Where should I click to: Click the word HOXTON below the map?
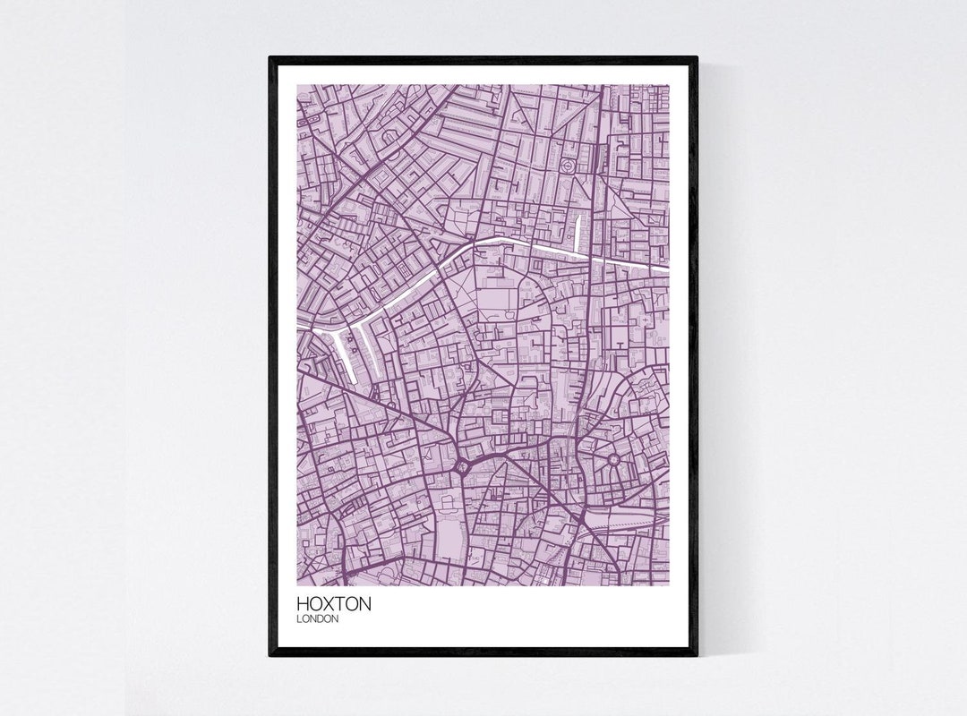click(x=333, y=605)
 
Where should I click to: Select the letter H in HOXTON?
click(x=303, y=605)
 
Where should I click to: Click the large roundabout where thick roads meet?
click(x=461, y=465)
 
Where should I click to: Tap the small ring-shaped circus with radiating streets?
click(x=614, y=462)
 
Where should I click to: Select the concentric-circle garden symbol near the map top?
click(x=568, y=166)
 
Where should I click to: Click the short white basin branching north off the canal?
click(x=578, y=230)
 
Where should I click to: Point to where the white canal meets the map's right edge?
click(x=668, y=269)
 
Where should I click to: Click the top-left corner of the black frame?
click(x=270, y=57)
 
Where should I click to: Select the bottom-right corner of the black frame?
click(x=697, y=655)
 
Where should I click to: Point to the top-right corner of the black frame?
click(x=697, y=57)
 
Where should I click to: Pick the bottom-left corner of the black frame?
click(x=270, y=655)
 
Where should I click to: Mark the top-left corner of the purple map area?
click(x=297, y=86)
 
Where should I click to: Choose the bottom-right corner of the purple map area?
click(x=669, y=585)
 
